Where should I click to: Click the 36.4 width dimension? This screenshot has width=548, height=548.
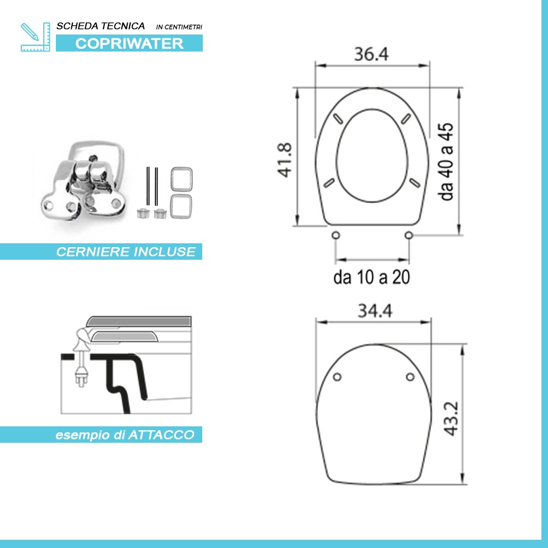371,54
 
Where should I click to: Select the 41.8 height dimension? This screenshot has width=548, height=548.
285,159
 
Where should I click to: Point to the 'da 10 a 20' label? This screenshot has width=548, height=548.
372,278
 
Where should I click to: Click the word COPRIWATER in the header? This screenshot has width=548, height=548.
129,44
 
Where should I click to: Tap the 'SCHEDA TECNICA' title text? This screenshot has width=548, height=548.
101,26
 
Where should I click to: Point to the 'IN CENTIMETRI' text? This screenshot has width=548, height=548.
179,26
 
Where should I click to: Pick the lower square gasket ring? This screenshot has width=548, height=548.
181,207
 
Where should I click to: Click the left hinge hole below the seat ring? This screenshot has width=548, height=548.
335,235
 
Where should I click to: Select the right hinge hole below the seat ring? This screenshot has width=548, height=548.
408,235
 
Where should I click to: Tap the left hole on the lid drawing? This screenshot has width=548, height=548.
338,376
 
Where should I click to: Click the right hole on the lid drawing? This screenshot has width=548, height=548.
410,376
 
